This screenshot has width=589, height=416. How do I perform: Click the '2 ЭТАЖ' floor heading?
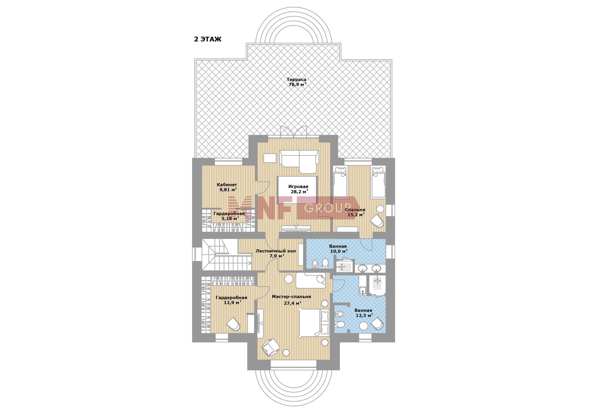[208, 39]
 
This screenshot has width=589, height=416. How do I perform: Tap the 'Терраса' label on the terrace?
[296, 79]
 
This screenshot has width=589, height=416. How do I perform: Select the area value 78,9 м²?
[297, 84]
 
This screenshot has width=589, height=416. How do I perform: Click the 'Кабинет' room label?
[227, 185]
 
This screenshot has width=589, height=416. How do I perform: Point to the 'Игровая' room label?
[298, 187]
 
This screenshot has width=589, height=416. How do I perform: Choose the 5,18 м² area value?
[230, 219]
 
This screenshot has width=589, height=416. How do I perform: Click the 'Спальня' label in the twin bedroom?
[355, 210]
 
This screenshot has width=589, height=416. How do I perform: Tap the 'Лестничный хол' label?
[276, 251]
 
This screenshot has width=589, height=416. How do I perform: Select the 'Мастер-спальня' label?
[291, 297]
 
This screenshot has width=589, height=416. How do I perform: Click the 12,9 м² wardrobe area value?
[233, 302]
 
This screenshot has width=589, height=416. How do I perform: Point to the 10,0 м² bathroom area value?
[339, 251]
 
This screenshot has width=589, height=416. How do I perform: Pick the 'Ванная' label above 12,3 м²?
[363, 310]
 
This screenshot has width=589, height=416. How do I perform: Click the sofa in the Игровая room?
[299, 161]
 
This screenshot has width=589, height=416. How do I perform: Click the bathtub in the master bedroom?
[310, 280]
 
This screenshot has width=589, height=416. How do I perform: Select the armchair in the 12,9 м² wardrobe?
[233, 324]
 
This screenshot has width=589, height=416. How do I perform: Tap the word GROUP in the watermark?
[327, 208]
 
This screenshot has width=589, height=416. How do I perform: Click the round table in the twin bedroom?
[380, 209]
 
